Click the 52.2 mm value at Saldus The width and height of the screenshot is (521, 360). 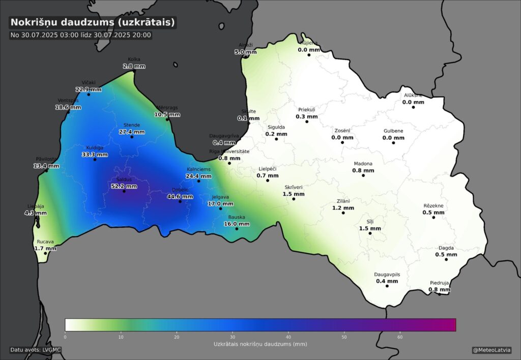coord(124,186)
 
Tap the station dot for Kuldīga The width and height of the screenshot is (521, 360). coord(95,160)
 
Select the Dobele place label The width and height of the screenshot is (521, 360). coord(180,190)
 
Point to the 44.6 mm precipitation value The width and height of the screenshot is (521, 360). coord(180,196)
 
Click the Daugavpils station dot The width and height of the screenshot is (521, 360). coord(387,287)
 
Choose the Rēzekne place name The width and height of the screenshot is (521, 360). coord(433,205)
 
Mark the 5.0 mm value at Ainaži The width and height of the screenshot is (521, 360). coord(245,52)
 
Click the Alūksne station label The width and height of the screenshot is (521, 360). coord(413,95)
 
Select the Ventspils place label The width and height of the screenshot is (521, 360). coord(68,100)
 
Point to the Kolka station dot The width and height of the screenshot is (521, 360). coord(134,72)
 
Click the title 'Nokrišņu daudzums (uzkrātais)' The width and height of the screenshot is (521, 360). coord(93,22)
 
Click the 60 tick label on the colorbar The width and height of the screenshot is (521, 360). coord(400,337)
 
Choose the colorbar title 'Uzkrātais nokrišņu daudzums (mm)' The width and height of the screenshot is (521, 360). coord(260,344)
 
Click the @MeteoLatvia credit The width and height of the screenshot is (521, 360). coord(491,350)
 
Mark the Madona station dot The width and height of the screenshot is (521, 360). coord(363,175)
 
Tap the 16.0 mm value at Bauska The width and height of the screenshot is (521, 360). coord(237,224)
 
